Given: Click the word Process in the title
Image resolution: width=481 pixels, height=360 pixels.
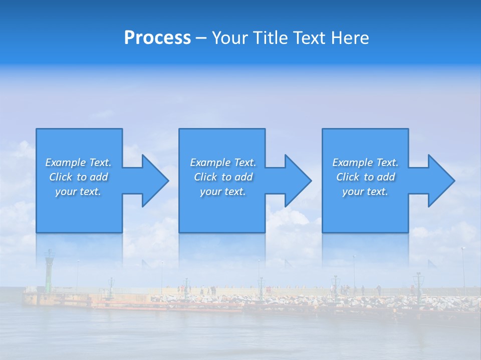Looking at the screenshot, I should (157, 38).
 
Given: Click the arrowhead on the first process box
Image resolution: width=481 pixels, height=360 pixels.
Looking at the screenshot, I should (155, 180).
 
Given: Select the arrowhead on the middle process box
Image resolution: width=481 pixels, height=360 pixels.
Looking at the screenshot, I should (298, 180).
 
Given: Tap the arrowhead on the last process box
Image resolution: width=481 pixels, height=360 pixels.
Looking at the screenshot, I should (441, 180).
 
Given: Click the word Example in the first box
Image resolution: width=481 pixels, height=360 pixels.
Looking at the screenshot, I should (66, 162).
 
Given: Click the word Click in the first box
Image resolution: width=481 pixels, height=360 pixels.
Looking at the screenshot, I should (60, 177).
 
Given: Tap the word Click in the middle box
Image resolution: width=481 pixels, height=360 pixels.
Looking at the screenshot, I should (205, 177).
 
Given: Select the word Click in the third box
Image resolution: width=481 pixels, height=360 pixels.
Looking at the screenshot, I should (347, 177).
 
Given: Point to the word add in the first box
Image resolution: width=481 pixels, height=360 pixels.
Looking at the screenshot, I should (99, 177).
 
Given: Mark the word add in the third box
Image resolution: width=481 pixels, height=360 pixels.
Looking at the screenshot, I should (386, 177).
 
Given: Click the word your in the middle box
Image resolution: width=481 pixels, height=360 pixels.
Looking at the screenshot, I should (210, 192).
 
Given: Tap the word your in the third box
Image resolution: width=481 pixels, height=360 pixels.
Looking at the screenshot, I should (352, 192).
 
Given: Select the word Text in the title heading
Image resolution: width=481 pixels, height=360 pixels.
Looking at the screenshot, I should (311, 38).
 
